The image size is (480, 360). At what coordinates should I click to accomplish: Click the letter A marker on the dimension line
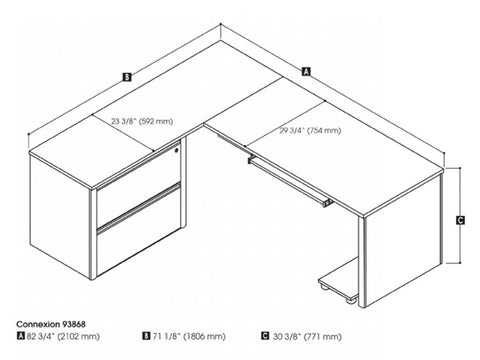click(305, 70)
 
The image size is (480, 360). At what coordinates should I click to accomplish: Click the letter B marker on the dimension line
click(126, 75)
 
